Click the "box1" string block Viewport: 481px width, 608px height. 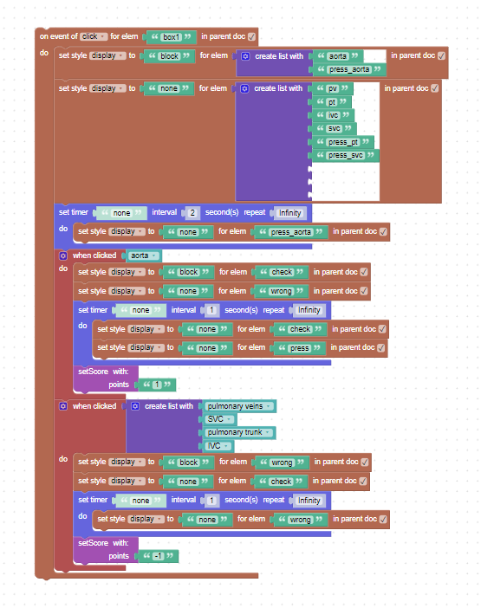pyautogui.click(x=171, y=37)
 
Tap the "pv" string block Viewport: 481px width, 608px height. pyautogui.click(x=333, y=88)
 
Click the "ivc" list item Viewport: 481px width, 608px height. pyautogui.click(x=333, y=115)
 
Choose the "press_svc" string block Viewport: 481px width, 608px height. pyautogui.click(x=346, y=156)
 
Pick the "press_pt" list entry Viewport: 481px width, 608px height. pyautogui.click(x=343, y=142)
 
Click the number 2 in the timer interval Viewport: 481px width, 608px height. pyautogui.click(x=192, y=213)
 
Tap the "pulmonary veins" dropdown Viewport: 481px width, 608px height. pyautogui.click(x=239, y=406)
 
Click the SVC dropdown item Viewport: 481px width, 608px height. pyautogui.click(x=219, y=419)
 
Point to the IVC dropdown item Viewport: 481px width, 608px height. pyautogui.click(x=218, y=446)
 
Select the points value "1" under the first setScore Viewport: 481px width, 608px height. pyautogui.click(x=157, y=385)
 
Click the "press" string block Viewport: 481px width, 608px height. pyautogui.click(x=300, y=348)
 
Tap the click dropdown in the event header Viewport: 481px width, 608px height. pyautogui.click(x=94, y=36)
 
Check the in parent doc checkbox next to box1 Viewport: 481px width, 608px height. pyautogui.click(x=251, y=37)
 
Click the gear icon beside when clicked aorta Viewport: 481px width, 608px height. pyautogui.click(x=63, y=255)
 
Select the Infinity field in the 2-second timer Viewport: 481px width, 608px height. pyautogui.click(x=289, y=213)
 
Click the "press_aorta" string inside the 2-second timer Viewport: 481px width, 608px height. pyautogui.click(x=291, y=232)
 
